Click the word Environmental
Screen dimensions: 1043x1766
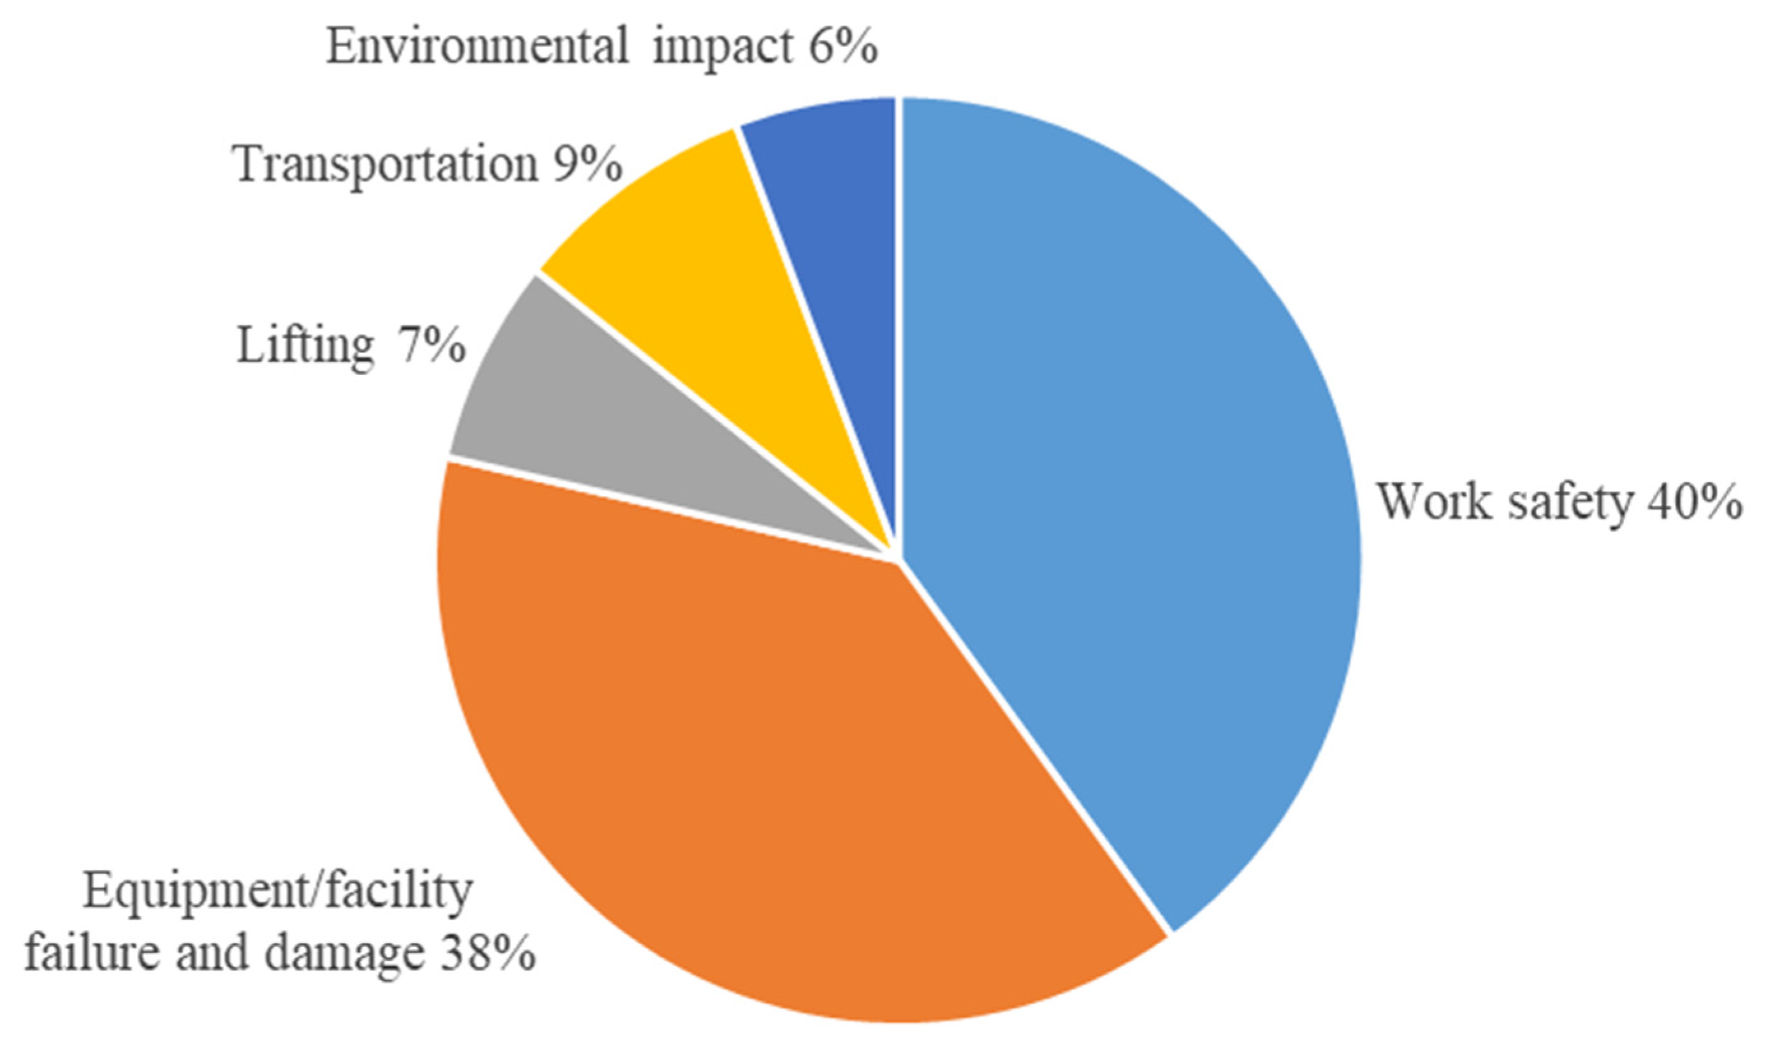tap(478, 48)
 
